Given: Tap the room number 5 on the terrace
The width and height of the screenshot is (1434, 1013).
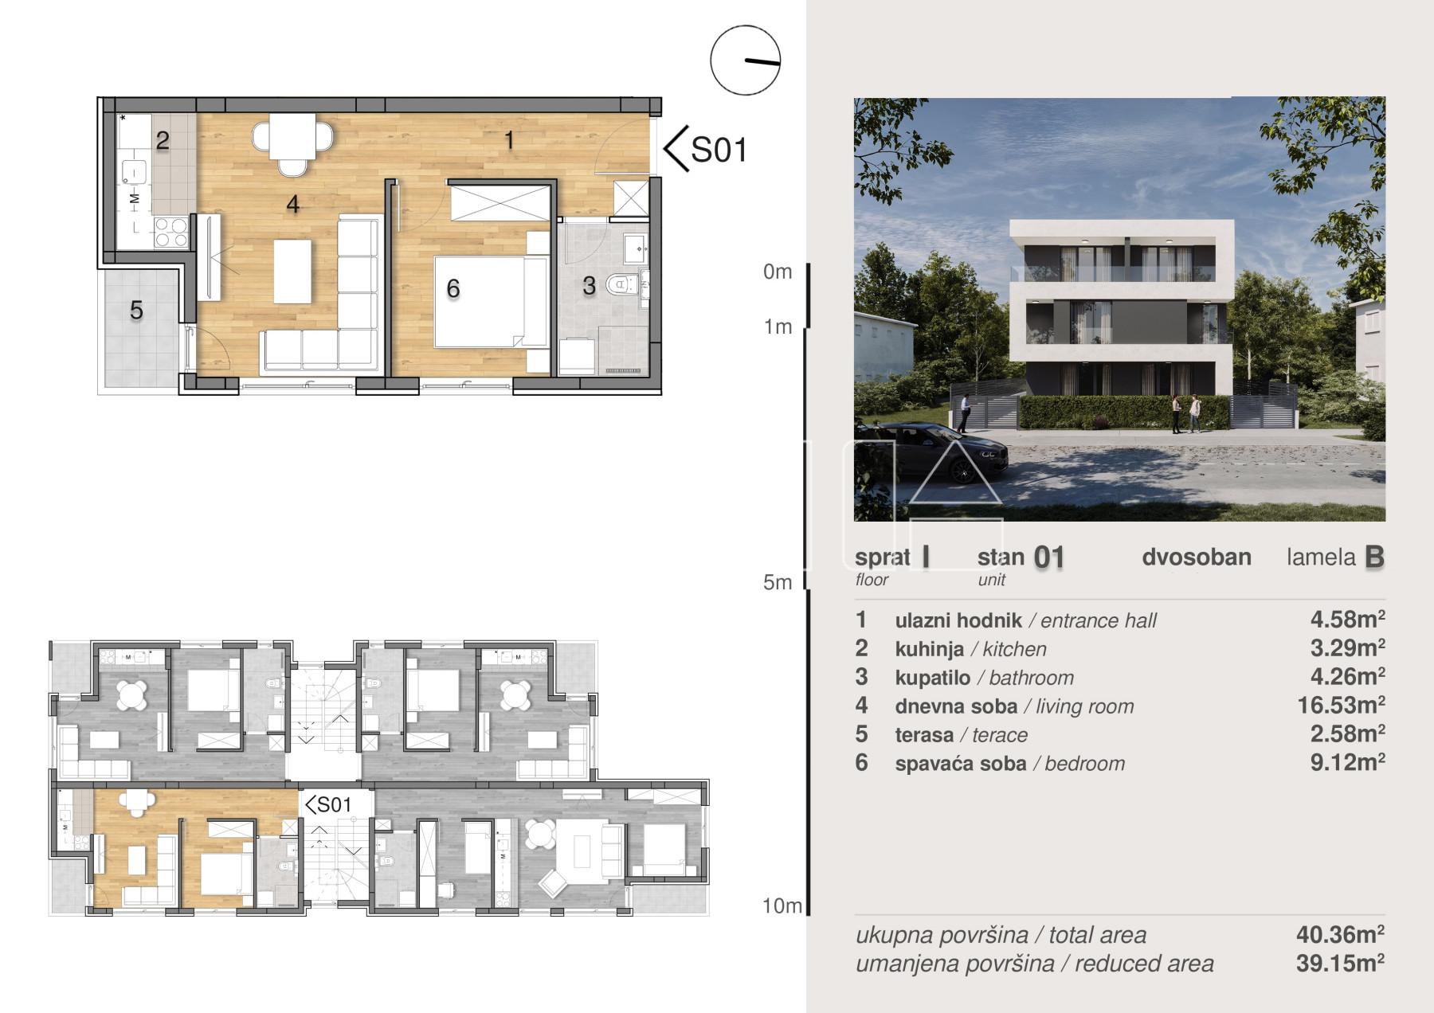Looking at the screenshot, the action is (136, 310).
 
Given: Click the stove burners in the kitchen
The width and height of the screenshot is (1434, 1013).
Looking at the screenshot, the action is (171, 233).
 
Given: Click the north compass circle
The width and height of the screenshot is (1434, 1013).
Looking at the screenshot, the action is (745, 61).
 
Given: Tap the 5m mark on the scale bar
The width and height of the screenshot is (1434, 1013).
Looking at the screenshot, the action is (778, 582).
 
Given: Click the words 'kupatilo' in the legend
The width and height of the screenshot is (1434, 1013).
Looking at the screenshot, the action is (932, 678).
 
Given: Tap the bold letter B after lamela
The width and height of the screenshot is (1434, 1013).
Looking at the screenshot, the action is (1374, 557).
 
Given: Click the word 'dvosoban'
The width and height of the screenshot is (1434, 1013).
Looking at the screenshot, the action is (1197, 557).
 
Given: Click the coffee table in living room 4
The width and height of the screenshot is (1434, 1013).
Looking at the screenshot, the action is (292, 271).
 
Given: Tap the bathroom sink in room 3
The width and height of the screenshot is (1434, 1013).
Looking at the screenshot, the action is (635, 248).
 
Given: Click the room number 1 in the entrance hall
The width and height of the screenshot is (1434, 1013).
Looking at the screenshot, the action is (509, 141).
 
